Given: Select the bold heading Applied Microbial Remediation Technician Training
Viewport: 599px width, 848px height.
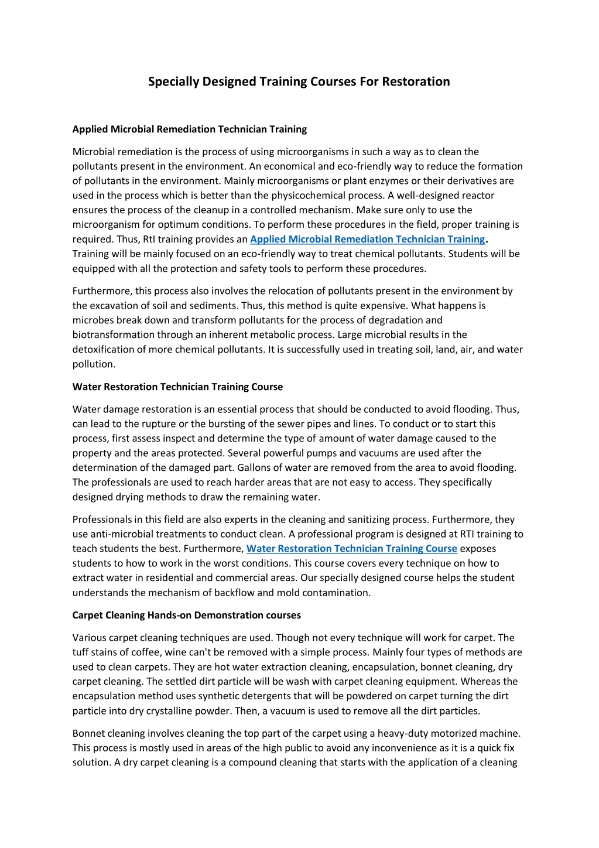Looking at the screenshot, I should [189, 129].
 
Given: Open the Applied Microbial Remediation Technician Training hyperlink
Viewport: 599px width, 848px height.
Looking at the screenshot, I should [367, 239].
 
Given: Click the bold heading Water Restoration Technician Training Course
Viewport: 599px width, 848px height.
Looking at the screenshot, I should [177, 387].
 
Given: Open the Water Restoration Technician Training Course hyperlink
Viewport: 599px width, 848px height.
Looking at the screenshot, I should [351, 549].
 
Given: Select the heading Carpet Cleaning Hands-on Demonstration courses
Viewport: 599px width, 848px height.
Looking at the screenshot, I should [186, 615].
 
